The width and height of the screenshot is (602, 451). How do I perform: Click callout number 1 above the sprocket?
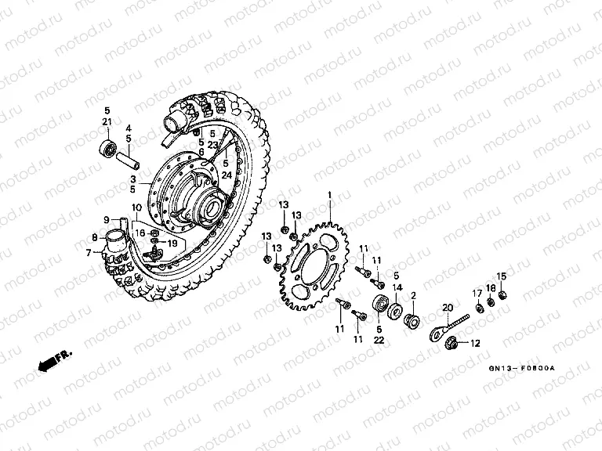click(x=330, y=195)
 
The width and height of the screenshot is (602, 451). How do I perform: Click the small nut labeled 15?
click(x=502, y=295)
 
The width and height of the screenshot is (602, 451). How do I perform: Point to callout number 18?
click(x=490, y=288)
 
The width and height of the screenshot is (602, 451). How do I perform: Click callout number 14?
click(x=397, y=288)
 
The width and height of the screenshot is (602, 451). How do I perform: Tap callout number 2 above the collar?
click(x=413, y=295)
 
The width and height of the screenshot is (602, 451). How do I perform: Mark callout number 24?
click(x=227, y=175)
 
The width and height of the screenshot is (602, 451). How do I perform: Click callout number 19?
click(x=172, y=243)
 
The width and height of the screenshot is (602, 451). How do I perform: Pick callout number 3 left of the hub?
click(x=133, y=179)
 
